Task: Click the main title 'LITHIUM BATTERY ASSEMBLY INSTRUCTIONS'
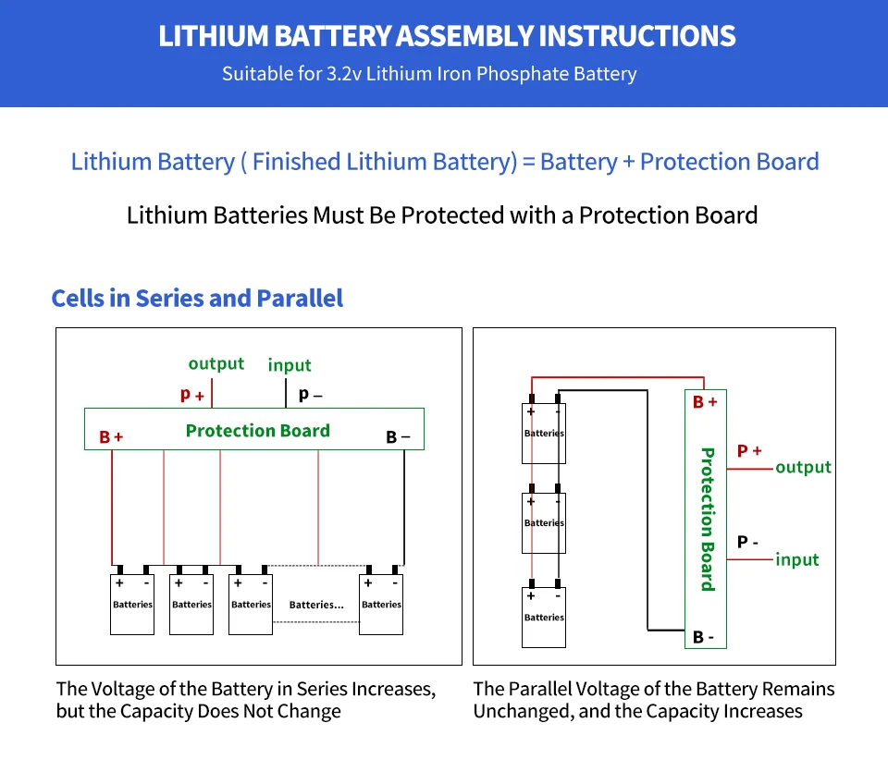[x=447, y=37]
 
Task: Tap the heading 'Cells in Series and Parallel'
[x=197, y=299]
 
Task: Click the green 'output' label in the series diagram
[x=216, y=364]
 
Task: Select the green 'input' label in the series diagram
[x=290, y=365]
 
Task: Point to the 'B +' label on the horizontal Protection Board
[x=111, y=437]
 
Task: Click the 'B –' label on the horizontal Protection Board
[x=398, y=437]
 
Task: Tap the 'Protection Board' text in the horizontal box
[x=257, y=431]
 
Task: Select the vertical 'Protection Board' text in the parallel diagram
[x=707, y=519]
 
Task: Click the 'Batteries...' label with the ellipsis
[x=316, y=605]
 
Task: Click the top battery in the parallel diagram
[x=544, y=433]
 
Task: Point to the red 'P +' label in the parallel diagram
[x=749, y=451]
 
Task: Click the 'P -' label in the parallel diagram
[x=748, y=543]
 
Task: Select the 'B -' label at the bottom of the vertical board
[x=704, y=637]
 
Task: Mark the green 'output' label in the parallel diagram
[x=803, y=468]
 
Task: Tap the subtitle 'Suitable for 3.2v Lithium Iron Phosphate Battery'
[x=429, y=74]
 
